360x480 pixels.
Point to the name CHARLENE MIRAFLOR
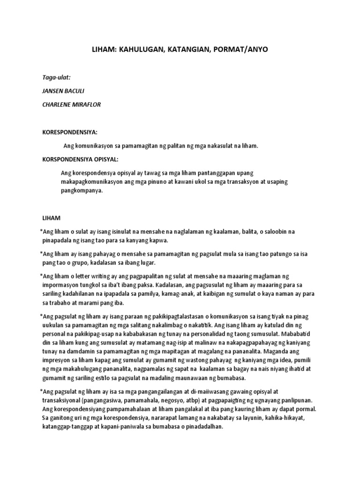click(71, 105)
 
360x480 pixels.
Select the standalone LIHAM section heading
click(51, 218)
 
